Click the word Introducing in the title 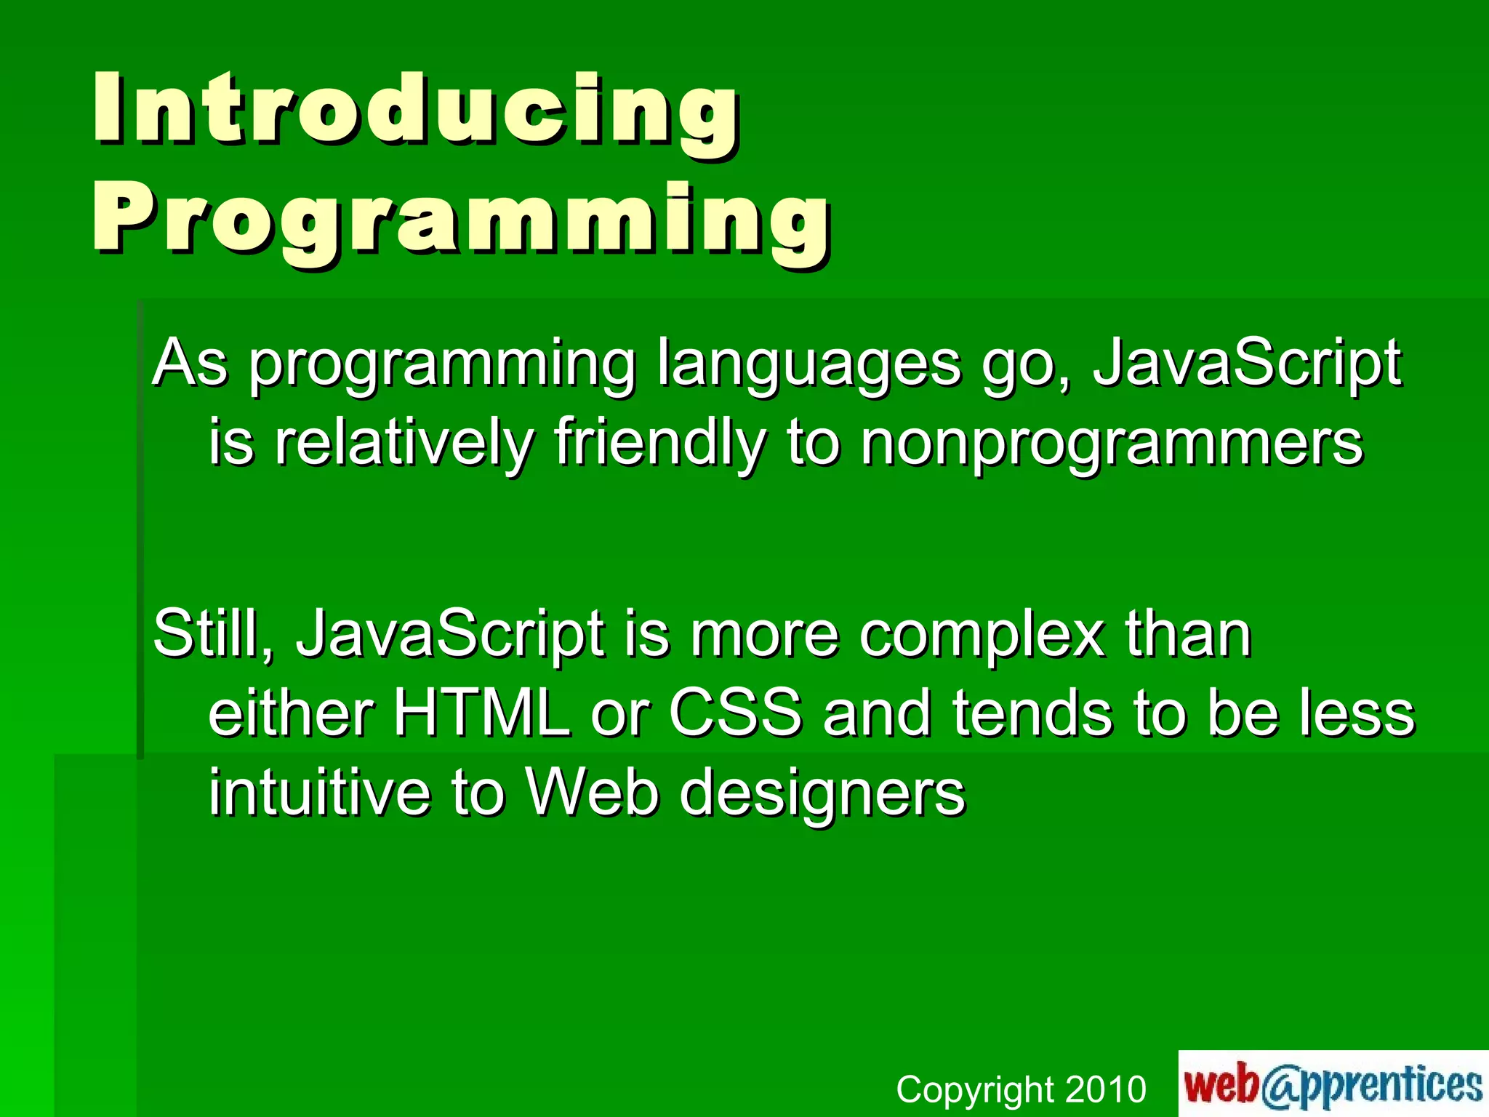pos(416,109)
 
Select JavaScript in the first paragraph pos(1246,364)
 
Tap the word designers pos(822,794)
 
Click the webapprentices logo pos(1333,1084)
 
